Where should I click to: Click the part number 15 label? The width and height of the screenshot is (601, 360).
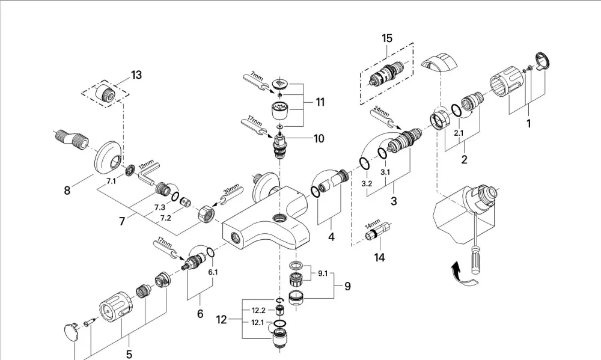tap(387, 38)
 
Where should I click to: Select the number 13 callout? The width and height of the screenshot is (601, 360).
tap(136, 75)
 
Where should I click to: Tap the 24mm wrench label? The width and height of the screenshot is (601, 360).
tap(382, 112)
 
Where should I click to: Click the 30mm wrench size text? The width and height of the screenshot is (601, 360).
tap(231, 189)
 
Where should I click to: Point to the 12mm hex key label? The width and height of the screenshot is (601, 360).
tap(146, 166)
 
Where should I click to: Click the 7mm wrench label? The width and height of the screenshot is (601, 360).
tap(257, 75)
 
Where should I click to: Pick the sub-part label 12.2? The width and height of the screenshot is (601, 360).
tap(258, 310)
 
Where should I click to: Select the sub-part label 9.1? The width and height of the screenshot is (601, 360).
tap(323, 273)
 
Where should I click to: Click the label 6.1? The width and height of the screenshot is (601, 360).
tap(213, 272)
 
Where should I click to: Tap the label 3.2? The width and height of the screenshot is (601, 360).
tap(367, 184)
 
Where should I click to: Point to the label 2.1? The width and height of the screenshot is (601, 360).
tap(459, 133)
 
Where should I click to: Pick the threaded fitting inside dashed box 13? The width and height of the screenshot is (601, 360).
tap(105, 92)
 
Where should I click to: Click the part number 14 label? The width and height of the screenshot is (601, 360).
tap(379, 257)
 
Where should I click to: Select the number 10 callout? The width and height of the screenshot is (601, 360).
tap(319, 138)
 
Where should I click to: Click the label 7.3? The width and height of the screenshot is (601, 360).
tap(160, 207)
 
